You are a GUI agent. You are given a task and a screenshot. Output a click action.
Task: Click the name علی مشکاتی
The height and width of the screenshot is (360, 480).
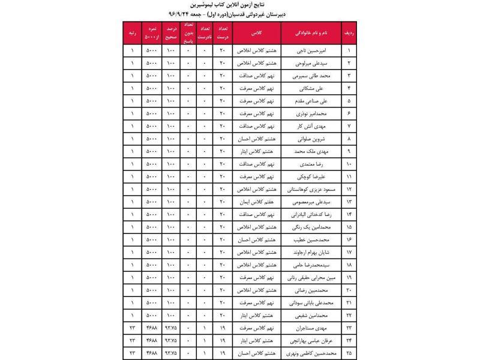316,88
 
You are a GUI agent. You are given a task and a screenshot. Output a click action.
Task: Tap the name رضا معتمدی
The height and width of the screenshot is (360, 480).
316,164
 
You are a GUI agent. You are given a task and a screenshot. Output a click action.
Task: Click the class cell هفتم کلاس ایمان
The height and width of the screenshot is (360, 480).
256,202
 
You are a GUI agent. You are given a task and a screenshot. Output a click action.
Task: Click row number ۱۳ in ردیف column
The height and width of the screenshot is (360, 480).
350,202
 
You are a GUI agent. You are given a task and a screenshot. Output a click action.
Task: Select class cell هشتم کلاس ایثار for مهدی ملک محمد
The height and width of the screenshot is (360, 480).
256,151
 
